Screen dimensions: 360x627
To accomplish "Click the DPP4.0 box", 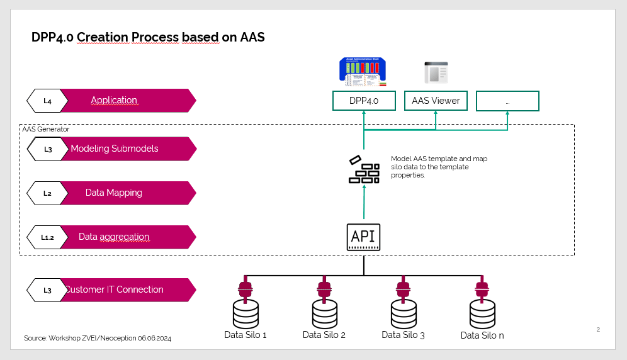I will (364, 101).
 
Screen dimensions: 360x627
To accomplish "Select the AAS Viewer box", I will (436, 101).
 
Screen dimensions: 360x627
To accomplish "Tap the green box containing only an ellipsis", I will (507, 101).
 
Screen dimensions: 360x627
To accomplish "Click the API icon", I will (363, 237).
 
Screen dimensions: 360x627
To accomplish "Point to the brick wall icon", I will (364, 169).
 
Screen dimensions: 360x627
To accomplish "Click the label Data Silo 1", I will (246, 335).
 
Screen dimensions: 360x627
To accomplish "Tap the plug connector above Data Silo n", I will (482, 290).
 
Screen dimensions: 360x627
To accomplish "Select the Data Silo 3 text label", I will (403, 335).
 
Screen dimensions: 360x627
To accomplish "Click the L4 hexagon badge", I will (47, 101).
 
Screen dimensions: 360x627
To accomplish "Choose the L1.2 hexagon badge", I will (47, 237).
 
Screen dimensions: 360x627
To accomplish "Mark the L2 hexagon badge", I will (47, 193).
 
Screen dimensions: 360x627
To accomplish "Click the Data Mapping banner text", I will (114, 193).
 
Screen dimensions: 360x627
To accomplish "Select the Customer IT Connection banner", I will (115, 290).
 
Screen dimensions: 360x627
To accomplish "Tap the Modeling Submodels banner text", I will (115, 149).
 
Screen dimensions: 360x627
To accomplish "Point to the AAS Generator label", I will (45, 129).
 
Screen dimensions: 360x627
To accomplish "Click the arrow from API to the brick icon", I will (364, 205).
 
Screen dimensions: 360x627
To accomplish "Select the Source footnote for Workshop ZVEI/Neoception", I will (98, 338).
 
